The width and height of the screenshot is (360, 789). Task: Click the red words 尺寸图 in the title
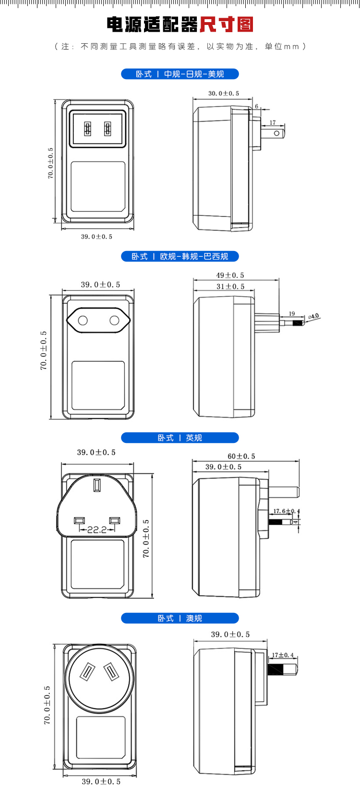pos(226,24)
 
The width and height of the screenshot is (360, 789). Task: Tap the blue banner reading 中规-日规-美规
pos(180,74)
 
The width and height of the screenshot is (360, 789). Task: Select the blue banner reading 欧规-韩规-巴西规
pos(180,256)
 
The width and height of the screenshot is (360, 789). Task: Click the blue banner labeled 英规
pos(180,438)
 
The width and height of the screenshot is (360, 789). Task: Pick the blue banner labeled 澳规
pos(180,618)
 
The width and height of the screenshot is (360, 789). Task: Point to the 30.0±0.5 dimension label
pos(224,93)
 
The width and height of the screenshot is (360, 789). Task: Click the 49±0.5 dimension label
pos(230,275)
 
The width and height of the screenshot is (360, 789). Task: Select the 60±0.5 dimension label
pos(241,456)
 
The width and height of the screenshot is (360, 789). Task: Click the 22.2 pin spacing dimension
pos(97,529)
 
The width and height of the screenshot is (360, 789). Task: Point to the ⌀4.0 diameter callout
pos(313,316)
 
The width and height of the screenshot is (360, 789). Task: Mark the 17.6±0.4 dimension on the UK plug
pos(286,511)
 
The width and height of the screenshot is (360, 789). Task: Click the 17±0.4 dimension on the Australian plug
pos(283,655)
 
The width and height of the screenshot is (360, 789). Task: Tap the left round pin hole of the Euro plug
pos(83,320)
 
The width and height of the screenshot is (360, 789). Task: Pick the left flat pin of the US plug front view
pos(87,129)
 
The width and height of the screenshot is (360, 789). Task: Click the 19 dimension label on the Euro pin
pos(292,314)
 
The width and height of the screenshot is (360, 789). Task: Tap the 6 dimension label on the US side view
pos(257,107)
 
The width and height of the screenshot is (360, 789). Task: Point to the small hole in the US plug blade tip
pos(277,133)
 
